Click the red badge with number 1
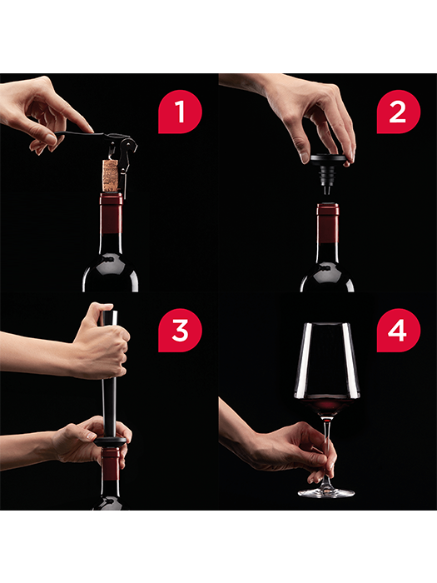point(180,112)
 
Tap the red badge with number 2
point(399,112)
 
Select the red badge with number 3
point(180,330)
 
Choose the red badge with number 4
point(399,330)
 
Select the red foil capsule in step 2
point(328,223)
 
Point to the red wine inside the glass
point(327,406)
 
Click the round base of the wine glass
point(326,492)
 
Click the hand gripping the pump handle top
point(102,342)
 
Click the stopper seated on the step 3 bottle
point(111,441)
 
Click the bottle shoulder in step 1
point(111,272)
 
